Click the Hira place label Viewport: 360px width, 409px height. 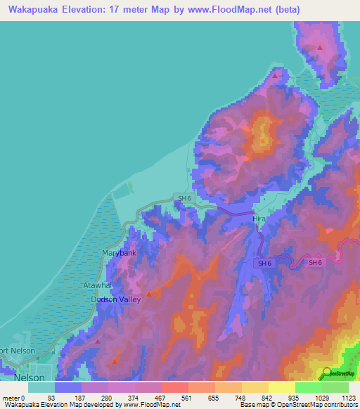click(x=259, y=219)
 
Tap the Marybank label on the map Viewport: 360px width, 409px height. click(x=119, y=252)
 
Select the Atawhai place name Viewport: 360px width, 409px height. click(x=109, y=286)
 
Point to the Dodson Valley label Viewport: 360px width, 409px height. click(x=116, y=299)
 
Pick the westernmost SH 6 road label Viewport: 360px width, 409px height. click(x=184, y=199)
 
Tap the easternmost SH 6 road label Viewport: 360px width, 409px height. click(x=316, y=262)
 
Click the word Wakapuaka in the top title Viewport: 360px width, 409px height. click(x=32, y=10)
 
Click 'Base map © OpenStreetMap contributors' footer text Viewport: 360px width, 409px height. click(x=295, y=405)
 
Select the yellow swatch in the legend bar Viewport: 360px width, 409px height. click(x=281, y=387)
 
